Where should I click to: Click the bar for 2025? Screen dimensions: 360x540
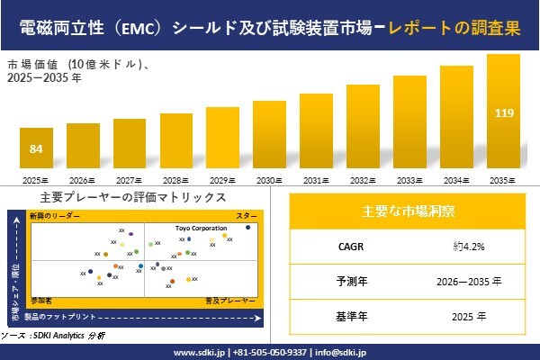pyautogui.click(x=36, y=150)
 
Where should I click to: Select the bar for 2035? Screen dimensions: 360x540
pyautogui.click(x=503, y=113)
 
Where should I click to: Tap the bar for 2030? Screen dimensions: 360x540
pyautogui.click(x=269, y=136)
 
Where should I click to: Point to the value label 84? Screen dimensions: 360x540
pyautogui.click(x=36, y=148)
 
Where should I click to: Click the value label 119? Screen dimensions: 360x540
pyautogui.click(x=503, y=113)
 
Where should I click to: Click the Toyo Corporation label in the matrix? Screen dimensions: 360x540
pyautogui.click(x=201, y=229)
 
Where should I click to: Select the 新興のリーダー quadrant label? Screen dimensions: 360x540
pyautogui.click(x=55, y=217)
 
